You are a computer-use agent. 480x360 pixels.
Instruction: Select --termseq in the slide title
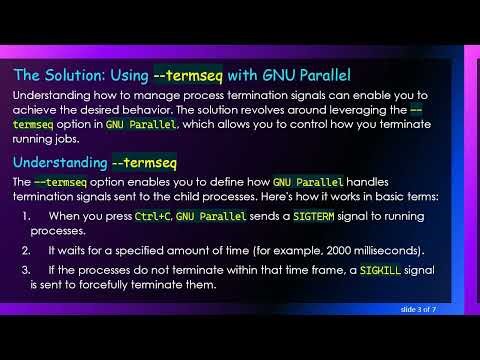click(192, 74)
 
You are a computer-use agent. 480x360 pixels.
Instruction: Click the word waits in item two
click(71, 249)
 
